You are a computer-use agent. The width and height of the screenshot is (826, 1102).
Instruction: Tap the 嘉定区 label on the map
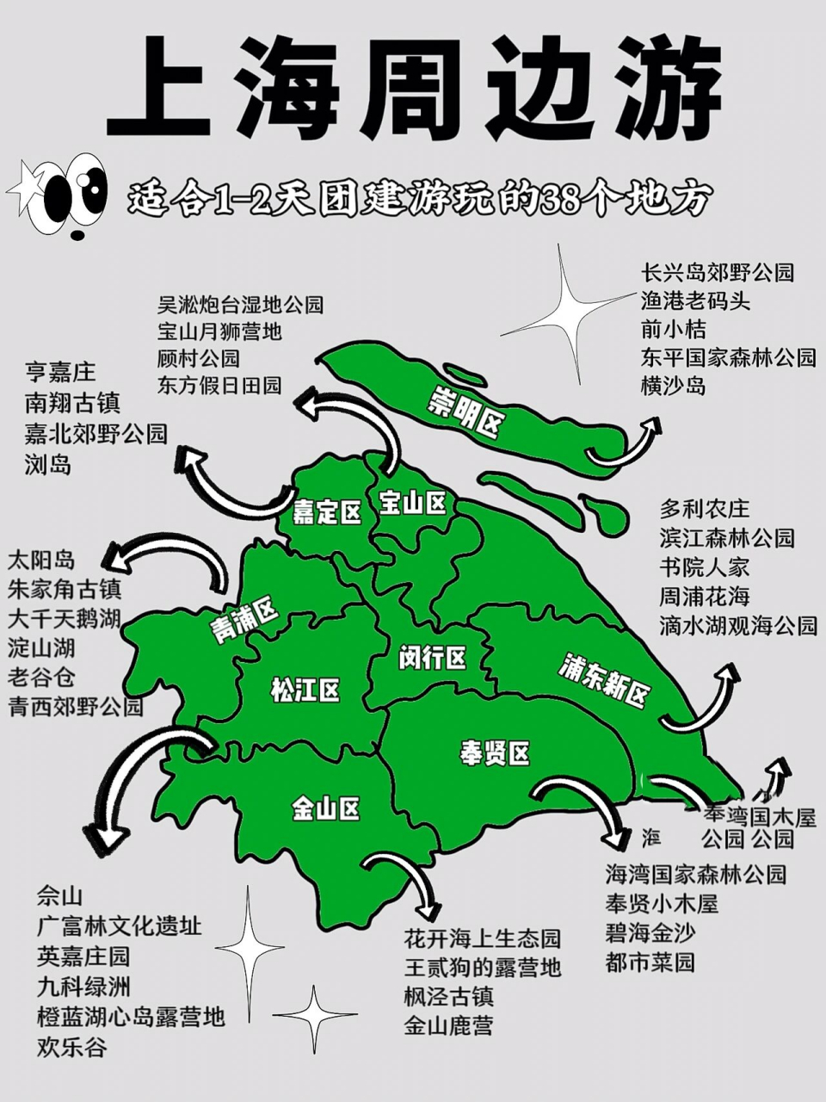(327, 513)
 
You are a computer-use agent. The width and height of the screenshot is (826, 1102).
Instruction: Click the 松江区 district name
(305, 690)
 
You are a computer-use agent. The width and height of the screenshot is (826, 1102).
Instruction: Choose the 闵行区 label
(432, 659)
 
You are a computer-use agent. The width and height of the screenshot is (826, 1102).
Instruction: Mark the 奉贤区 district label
(495, 752)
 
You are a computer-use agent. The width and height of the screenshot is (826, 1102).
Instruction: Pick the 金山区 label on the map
(325, 808)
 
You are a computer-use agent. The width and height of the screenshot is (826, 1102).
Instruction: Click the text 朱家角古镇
(65, 590)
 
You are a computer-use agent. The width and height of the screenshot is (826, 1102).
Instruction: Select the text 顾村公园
(199, 358)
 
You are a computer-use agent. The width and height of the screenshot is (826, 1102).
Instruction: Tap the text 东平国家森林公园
(728, 357)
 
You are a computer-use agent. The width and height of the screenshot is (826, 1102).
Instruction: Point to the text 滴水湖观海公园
(738, 625)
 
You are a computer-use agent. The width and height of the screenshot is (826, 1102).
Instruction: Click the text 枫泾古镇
(449, 997)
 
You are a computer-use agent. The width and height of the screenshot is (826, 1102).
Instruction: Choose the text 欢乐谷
(72, 1048)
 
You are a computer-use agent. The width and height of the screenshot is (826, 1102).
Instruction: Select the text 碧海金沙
(650, 932)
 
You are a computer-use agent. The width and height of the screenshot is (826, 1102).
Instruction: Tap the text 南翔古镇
(72, 403)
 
